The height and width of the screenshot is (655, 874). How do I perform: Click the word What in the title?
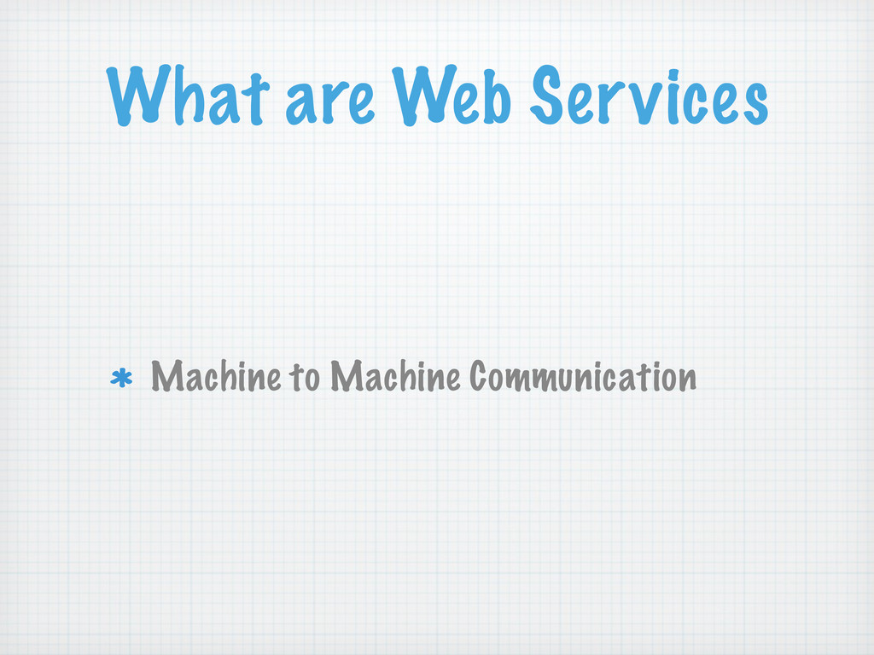point(188,95)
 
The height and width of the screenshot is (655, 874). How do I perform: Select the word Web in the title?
point(452,96)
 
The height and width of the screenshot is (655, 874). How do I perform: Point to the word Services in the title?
point(650,95)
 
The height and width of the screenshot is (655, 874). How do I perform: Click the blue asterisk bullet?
point(121,378)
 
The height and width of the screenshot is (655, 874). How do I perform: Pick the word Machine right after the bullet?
point(216,376)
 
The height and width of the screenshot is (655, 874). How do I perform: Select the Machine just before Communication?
point(395,376)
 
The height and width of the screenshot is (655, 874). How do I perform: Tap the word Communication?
point(582,376)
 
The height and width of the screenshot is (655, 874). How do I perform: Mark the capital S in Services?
point(547,95)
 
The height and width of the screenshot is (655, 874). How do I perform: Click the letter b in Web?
point(495,96)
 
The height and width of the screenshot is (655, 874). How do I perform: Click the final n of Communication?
point(685,380)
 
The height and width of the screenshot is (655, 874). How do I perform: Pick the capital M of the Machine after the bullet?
point(168,376)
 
